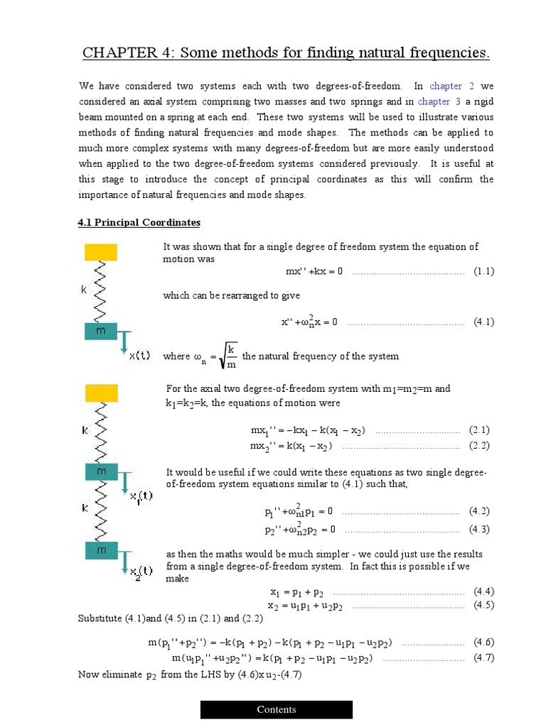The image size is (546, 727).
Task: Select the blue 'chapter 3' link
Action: coord(434,102)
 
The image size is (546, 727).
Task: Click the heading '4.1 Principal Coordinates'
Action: coord(139,223)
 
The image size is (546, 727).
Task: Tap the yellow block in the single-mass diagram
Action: coord(101,252)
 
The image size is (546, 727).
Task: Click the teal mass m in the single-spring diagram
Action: coord(101,332)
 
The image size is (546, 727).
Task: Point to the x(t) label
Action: coord(139,356)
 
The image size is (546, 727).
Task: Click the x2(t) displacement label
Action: coord(140,572)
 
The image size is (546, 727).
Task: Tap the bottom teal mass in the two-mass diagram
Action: coord(101,549)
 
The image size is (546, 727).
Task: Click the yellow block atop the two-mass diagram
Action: coord(101,392)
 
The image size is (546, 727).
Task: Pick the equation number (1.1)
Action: coord(484,271)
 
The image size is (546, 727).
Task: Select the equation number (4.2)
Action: coord(479,511)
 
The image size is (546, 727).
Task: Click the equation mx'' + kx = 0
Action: coord(314,271)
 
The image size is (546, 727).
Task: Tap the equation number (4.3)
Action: coord(479,529)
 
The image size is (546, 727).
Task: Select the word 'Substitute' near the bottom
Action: coord(100,618)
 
